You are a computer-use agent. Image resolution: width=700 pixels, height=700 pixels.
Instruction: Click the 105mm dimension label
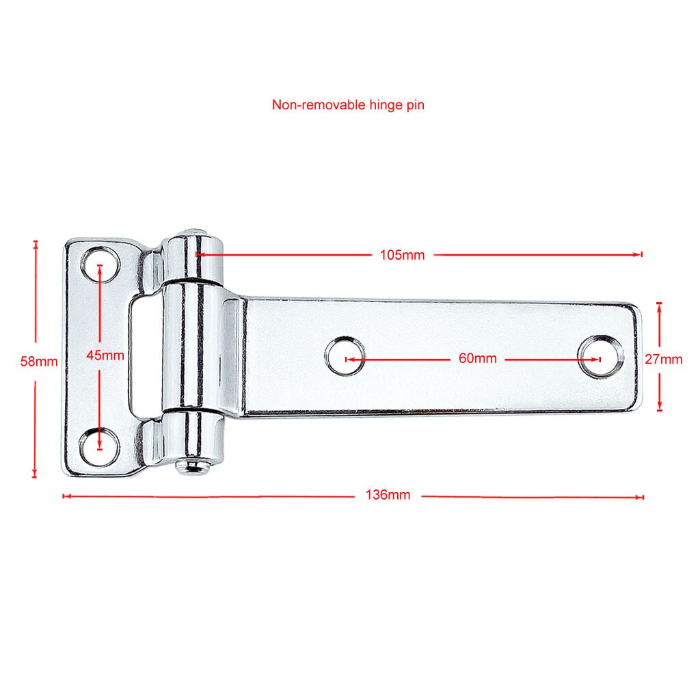click(402, 255)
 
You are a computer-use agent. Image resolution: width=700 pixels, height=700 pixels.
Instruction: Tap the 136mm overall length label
click(388, 495)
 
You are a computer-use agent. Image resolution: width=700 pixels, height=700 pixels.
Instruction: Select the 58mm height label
click(39, 360)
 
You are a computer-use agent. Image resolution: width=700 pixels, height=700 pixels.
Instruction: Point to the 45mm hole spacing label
click(105, 355)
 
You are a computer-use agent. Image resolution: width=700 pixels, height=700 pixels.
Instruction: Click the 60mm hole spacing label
click(477, 358)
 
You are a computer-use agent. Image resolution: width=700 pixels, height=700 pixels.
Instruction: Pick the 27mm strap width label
click(663, 358)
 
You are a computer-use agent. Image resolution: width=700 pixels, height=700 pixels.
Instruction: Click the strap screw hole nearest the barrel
click(345, 357)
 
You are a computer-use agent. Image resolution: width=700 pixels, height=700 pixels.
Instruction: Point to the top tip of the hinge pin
click(196, 232)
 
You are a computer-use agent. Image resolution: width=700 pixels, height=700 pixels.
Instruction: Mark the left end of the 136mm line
click(64, 496)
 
